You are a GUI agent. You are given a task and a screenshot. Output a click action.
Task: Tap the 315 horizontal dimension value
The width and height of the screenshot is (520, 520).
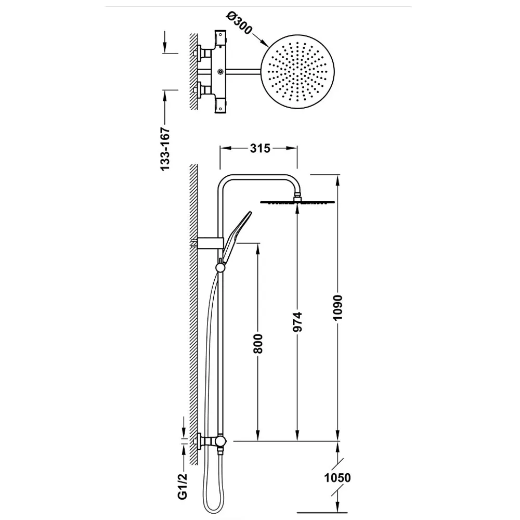pyautogui.click(x=260, y=148)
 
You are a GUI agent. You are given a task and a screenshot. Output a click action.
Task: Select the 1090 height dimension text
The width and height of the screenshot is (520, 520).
pyautogui.click(x=337, y=307)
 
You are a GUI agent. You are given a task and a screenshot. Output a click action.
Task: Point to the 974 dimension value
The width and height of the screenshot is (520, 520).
pyautogui.click(x=297, y=322)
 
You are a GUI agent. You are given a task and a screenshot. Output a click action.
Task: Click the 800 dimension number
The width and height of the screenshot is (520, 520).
pyautogui.click(x=258, y=344)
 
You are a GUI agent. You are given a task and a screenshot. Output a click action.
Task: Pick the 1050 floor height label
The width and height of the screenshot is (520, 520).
pyautogui.click(x=337, y=478)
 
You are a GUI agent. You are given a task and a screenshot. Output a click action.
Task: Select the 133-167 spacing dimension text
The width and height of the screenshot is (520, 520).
pyautogui.click(x=165, y=149)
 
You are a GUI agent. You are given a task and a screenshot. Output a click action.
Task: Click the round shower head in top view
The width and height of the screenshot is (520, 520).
pyautogui.click(x=297, y=72)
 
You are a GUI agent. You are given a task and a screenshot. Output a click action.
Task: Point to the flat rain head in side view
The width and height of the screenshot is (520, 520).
pyautogui.click(x=297, y=202)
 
